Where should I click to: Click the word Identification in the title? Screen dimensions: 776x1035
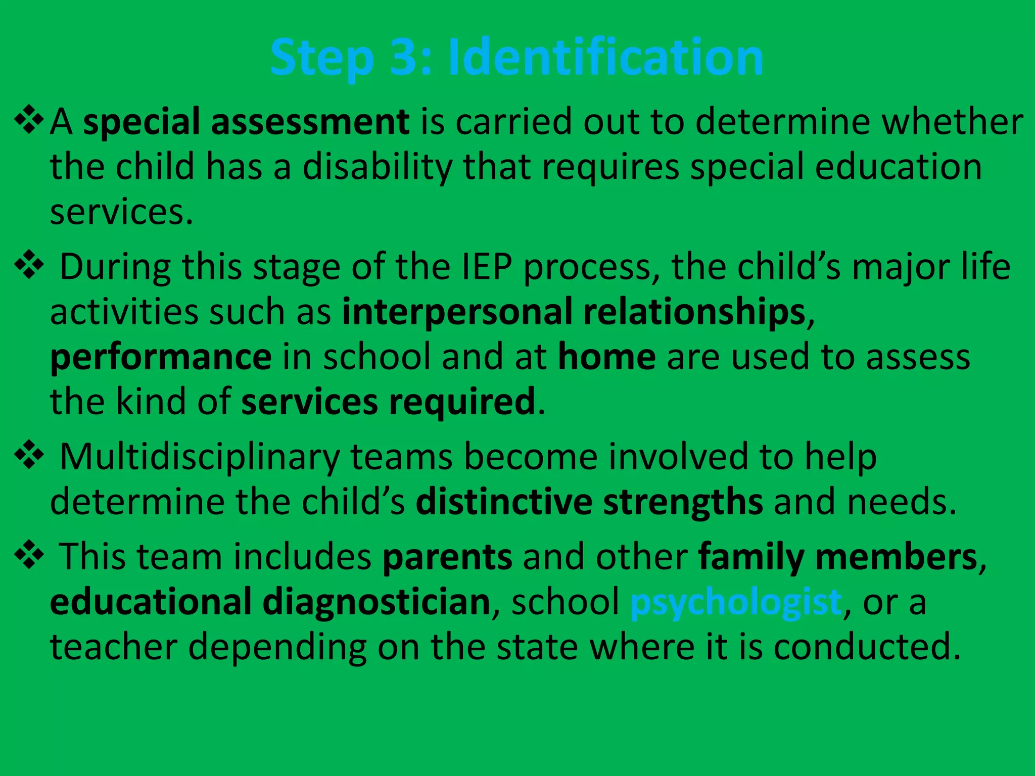click(605, 57)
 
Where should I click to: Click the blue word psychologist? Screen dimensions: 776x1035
click(735, 602)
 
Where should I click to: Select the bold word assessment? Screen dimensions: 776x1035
click(310, 122)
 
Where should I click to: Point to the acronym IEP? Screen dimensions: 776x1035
click(487, 266)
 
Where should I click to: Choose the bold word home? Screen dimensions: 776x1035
click(606, 357)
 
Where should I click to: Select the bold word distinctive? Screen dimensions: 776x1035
click(504, 502)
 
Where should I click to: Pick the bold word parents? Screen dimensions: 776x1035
click(447, 557)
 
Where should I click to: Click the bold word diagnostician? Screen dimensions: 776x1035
click(376, 602)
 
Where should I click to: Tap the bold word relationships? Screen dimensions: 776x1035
click(694, 312)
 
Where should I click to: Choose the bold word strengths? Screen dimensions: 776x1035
click(683, 502)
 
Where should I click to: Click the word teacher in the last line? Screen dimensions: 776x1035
click(113, 647)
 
